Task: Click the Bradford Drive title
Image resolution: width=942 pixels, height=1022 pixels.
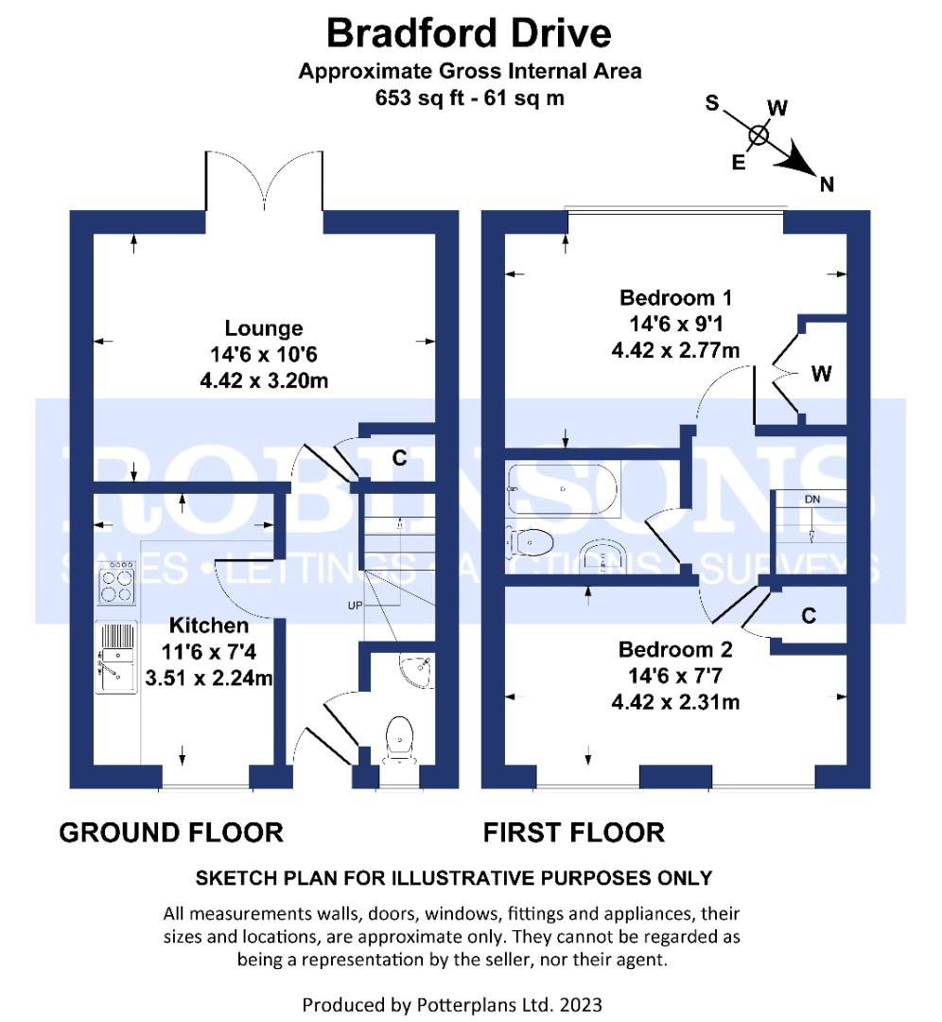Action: click(x=469, y=34)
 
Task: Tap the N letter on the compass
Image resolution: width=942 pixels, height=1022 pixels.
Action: click(x=828, y=185)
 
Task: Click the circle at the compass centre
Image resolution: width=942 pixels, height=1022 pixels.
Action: click(x=759, y=135)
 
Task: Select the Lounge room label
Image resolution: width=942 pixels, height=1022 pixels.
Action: click(x=264, y=328)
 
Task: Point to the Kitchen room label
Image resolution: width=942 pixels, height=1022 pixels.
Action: click(x=209, y=626)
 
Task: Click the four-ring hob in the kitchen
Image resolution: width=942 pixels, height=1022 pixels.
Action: click(x=117, y=582)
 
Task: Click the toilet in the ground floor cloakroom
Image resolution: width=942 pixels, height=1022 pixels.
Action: click(x=400, y=737)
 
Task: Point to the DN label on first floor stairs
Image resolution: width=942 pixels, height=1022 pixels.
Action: click(x=811, y=499)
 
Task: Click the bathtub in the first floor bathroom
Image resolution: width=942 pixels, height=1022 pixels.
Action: click(x=562, y=489)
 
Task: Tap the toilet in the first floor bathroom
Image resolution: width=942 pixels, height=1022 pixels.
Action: click(x=530, y=542)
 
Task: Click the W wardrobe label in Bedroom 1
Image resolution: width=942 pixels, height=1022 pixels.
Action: click(x=821, y=374)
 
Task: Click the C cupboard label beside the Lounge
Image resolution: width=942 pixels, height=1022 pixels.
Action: click(x=400, y=459)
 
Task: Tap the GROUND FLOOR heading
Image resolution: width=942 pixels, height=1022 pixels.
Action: click(x=170, y=833)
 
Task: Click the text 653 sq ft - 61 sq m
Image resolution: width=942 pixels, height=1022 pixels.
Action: click(x=469, y=97)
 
